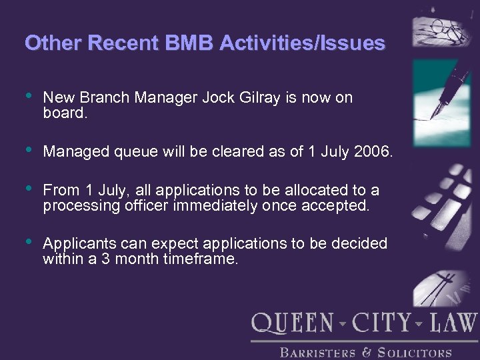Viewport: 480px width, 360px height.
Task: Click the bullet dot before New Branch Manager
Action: (x=28, y=97)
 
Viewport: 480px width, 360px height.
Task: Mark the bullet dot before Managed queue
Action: (x=28, y=151)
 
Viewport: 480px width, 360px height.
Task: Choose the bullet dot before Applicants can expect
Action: (x=28, y=243)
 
